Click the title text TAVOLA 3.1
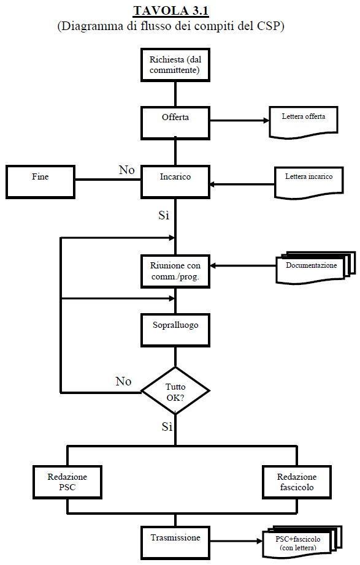coord(170,10)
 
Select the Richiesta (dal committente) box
coord(175,65)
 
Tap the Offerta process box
coord(175,123)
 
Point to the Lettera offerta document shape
coord(304,122)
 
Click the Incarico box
coord(175,182)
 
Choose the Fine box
coord(40,182)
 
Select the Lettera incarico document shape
coord(308,183)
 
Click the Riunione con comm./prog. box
coord(175,271)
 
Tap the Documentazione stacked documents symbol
coord(316,268)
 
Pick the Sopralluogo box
coord(175,330)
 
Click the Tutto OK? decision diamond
coord(175,390)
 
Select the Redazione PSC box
coord(67,482)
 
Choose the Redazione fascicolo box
coord(297,482)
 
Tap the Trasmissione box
coord(175,543)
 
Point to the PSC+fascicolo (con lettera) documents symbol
coord(302,542)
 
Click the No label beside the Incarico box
coord(126,170)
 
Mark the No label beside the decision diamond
coord(123,381)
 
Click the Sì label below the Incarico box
coord(164,215)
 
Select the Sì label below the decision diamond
coord(167,427)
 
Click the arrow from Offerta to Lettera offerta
coord(240,120)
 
